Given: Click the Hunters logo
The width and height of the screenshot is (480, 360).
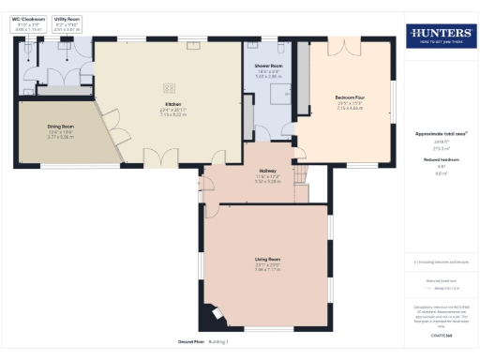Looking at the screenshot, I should (440, 37).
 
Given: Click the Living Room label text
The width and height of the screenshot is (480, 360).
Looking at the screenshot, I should (267, 258).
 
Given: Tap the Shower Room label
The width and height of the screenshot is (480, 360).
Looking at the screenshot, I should (268, 67).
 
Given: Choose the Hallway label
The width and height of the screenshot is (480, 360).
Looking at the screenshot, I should (267, 171).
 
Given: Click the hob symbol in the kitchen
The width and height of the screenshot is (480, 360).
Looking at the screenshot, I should (169, 87).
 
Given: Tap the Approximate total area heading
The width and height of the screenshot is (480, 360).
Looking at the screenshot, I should (441, 134).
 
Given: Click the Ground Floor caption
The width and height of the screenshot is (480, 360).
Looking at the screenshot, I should (191, 341).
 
